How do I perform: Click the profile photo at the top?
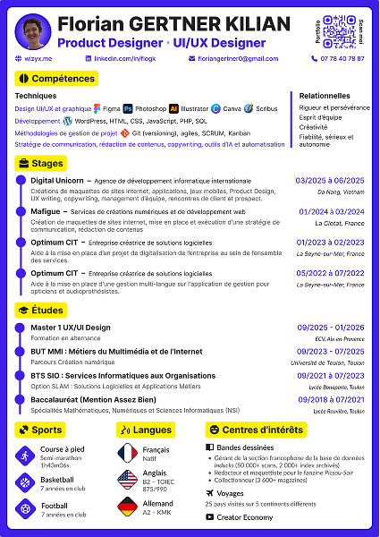click(x=33, y=32)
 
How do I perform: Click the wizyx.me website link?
click(x=39, y=58)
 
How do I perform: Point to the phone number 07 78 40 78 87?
click(x=342, y=58)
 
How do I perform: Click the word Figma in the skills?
click(x=113, y=108)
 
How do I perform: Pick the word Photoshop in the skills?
click(x=150, y=108)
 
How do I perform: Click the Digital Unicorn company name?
click(x=57, y=180)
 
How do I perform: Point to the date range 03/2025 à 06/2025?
click(x=330, y=180)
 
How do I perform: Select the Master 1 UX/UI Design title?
click(x=71, y=328)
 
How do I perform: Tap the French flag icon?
click(x=127, y=453)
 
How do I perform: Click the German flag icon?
click(x=127, y=510)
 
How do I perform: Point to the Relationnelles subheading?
click(x=325, y=95)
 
